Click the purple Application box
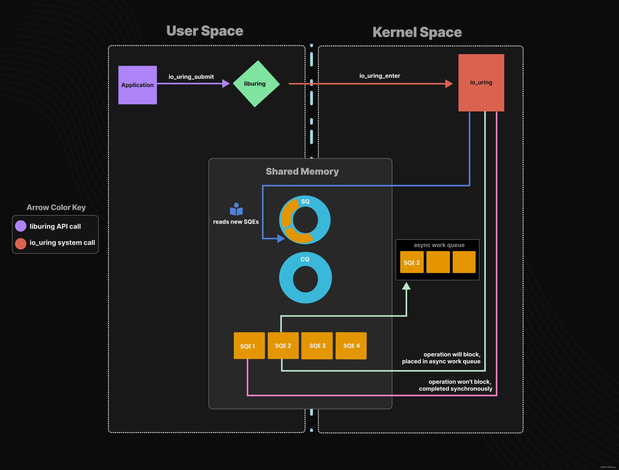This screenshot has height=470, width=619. coord(137,85)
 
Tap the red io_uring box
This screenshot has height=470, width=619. coord(481,83)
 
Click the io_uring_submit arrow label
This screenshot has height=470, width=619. coord(191,77)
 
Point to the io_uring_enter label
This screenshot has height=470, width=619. coord(380,76)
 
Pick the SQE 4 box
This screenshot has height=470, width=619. coord(351,346)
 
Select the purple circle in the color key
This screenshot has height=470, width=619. coord(21,226)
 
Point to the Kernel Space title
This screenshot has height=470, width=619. coord(417,32)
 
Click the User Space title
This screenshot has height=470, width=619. coord(205,31)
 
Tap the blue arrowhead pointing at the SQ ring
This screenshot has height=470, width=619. coord(281,238)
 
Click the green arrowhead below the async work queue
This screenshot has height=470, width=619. coord(406,286)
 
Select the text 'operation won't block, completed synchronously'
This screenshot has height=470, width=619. coord(456,385)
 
